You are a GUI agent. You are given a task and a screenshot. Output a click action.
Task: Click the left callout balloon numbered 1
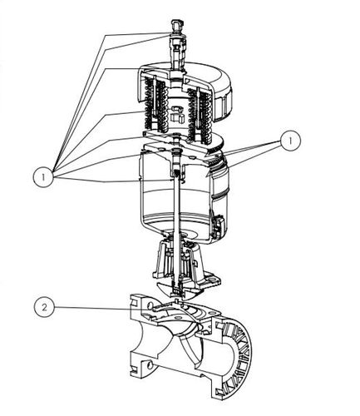point(43,177)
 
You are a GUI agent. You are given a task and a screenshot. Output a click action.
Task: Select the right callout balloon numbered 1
point(290,141)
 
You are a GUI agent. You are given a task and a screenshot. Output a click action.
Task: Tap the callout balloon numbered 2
point(44,307)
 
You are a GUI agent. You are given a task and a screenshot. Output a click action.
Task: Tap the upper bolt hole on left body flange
point(150,306)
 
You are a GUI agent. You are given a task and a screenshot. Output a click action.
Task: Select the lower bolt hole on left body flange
point(150,364)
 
